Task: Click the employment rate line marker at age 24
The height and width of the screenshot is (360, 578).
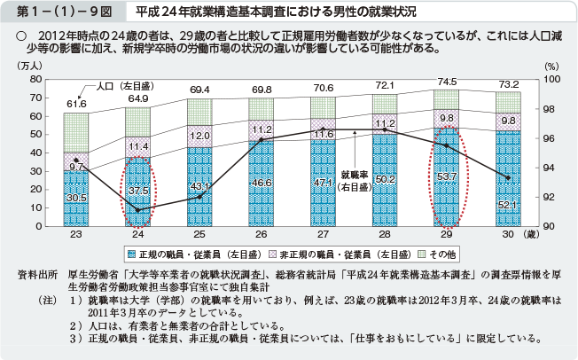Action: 137,210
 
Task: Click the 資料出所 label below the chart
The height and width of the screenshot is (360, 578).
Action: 37,275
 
